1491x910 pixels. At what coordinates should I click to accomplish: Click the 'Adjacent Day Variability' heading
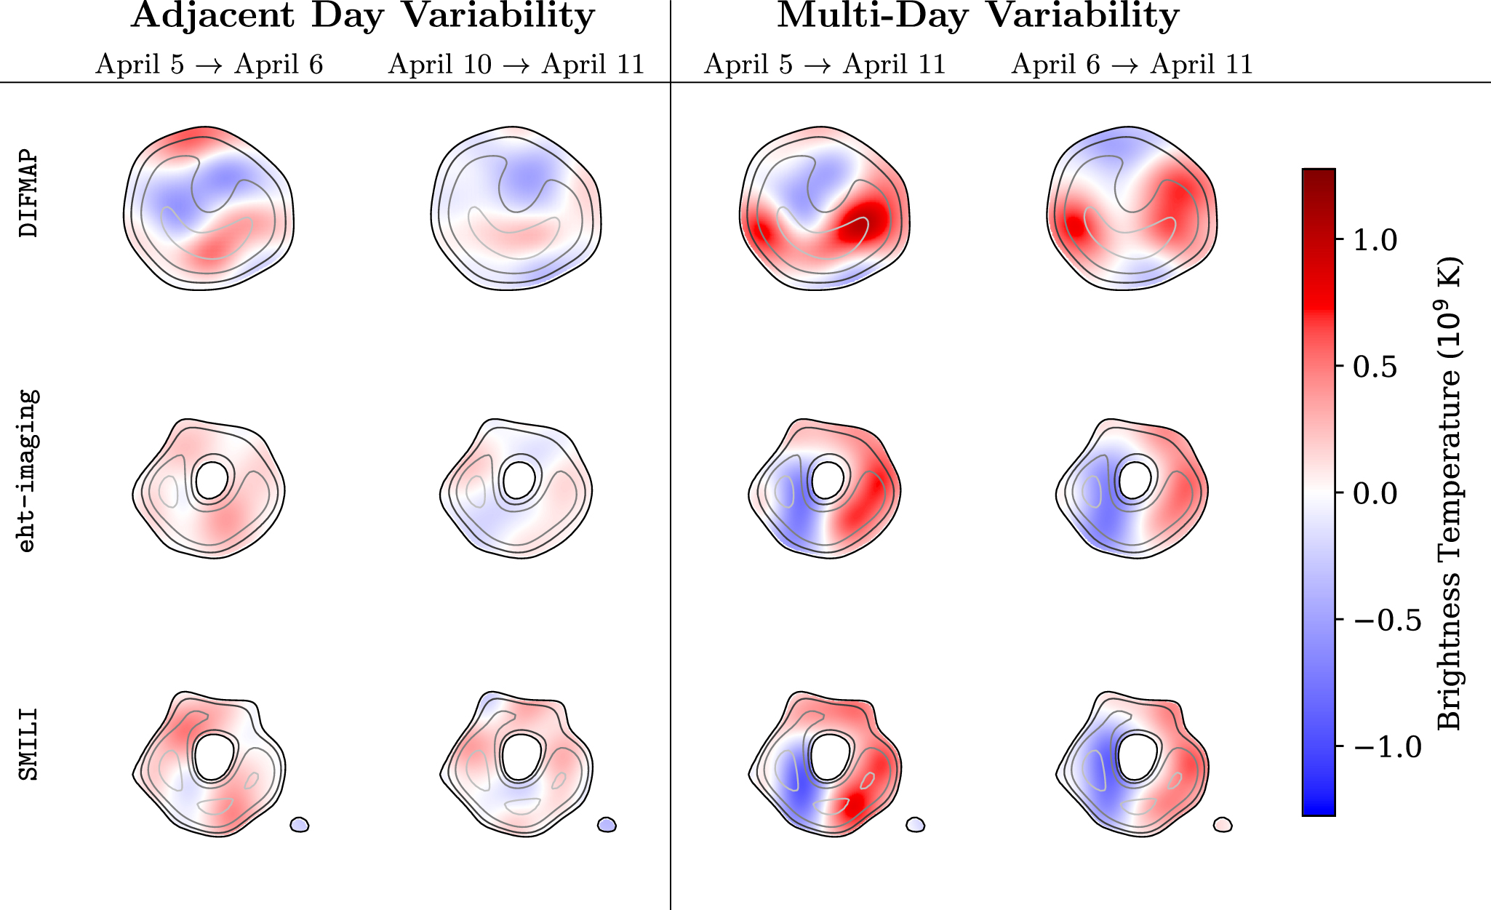tap(363, 16)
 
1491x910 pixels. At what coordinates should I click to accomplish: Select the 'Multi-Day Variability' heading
tap(978, 16)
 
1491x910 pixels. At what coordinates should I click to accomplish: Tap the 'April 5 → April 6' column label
tap(209, 65)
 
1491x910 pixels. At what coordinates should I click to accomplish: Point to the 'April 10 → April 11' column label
tap(516, 65)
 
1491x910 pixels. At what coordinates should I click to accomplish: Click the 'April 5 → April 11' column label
tap(825, 65)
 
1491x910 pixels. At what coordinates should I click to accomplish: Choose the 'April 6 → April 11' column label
tap(1132, 65)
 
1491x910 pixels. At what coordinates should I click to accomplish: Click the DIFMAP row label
tap(28, 193)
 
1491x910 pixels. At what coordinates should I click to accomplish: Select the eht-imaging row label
tap(27, 471)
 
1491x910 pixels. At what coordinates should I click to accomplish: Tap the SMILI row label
tap(28, 744)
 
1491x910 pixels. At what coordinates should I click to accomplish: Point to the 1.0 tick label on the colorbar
tap(1375, 240)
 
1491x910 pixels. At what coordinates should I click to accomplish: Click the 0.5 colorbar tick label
tap(1375, 367)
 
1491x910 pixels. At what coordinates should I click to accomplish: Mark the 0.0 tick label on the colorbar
tap(1375, 493)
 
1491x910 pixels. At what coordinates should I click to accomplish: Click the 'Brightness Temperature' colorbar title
tap(1449, 493)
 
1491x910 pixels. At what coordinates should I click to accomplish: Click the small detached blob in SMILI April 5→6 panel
tap(299, 824)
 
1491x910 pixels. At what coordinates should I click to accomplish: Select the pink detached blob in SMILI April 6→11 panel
tap(1223, 824)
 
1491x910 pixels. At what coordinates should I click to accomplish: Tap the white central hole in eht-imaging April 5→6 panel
tap(211, 479)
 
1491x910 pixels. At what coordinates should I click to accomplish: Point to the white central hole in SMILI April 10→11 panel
tap(520, 757)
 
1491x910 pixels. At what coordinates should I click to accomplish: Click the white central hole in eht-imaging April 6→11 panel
tap(1134, 479)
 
